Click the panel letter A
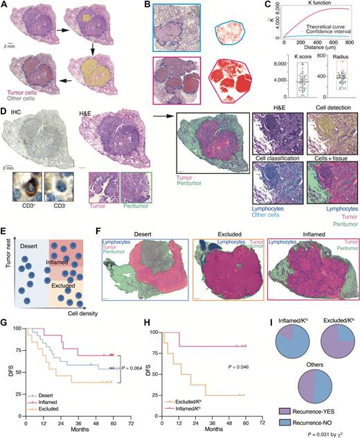point(6,5)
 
